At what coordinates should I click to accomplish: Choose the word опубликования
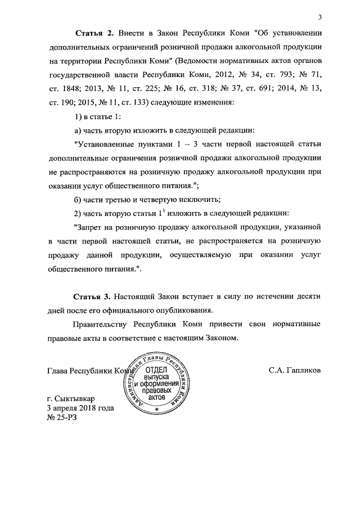coord(181,310)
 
